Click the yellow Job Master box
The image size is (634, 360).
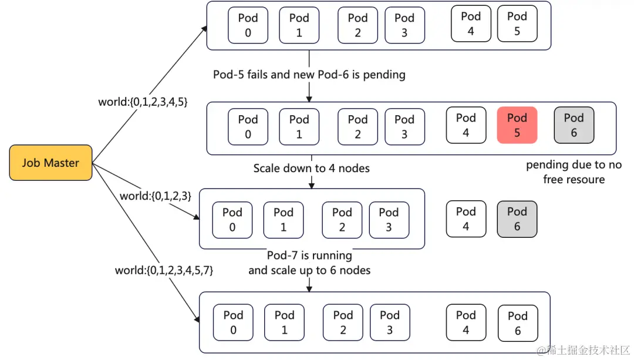pyautogui.click(x=50, y=163)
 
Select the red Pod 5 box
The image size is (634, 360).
pyautogui.click(x=517, y=125)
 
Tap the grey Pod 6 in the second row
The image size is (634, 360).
pyautogui.click(x=574, y=125)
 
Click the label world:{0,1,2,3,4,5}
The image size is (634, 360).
pyautogui.click(x=143, y=102)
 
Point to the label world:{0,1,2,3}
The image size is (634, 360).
pyautogui.click(x=155, y=196)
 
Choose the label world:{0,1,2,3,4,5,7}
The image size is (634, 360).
pyautogui.click(x=164, y=271)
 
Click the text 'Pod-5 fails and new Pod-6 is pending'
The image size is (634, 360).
pyautogui.click(x=309, y=75)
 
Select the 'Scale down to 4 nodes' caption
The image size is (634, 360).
pyautogui.click(x=312, y=169)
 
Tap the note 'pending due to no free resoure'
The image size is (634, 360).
pyautogui.click(x=574, y=172)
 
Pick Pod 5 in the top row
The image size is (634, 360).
pyautogui.click(x=517, y=24)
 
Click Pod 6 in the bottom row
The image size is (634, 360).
pyautogui.click(x=518, y=324)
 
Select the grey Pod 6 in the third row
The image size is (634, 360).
pyautogui.click(x=517, y=219)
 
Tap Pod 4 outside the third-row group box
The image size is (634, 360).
pyautogui.click(x=466, y=219)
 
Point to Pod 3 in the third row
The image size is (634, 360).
pyautogui.click(x=389, y=220)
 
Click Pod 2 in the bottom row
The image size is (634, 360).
pyautogui.click(x=343, y=323)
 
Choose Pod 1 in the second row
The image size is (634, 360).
pyautogui.click(x=299, y=127)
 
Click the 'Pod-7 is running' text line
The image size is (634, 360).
pyautogui.click(x=309, y=255)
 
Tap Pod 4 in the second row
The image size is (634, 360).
pyautogui.click(x=466, y=125)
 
